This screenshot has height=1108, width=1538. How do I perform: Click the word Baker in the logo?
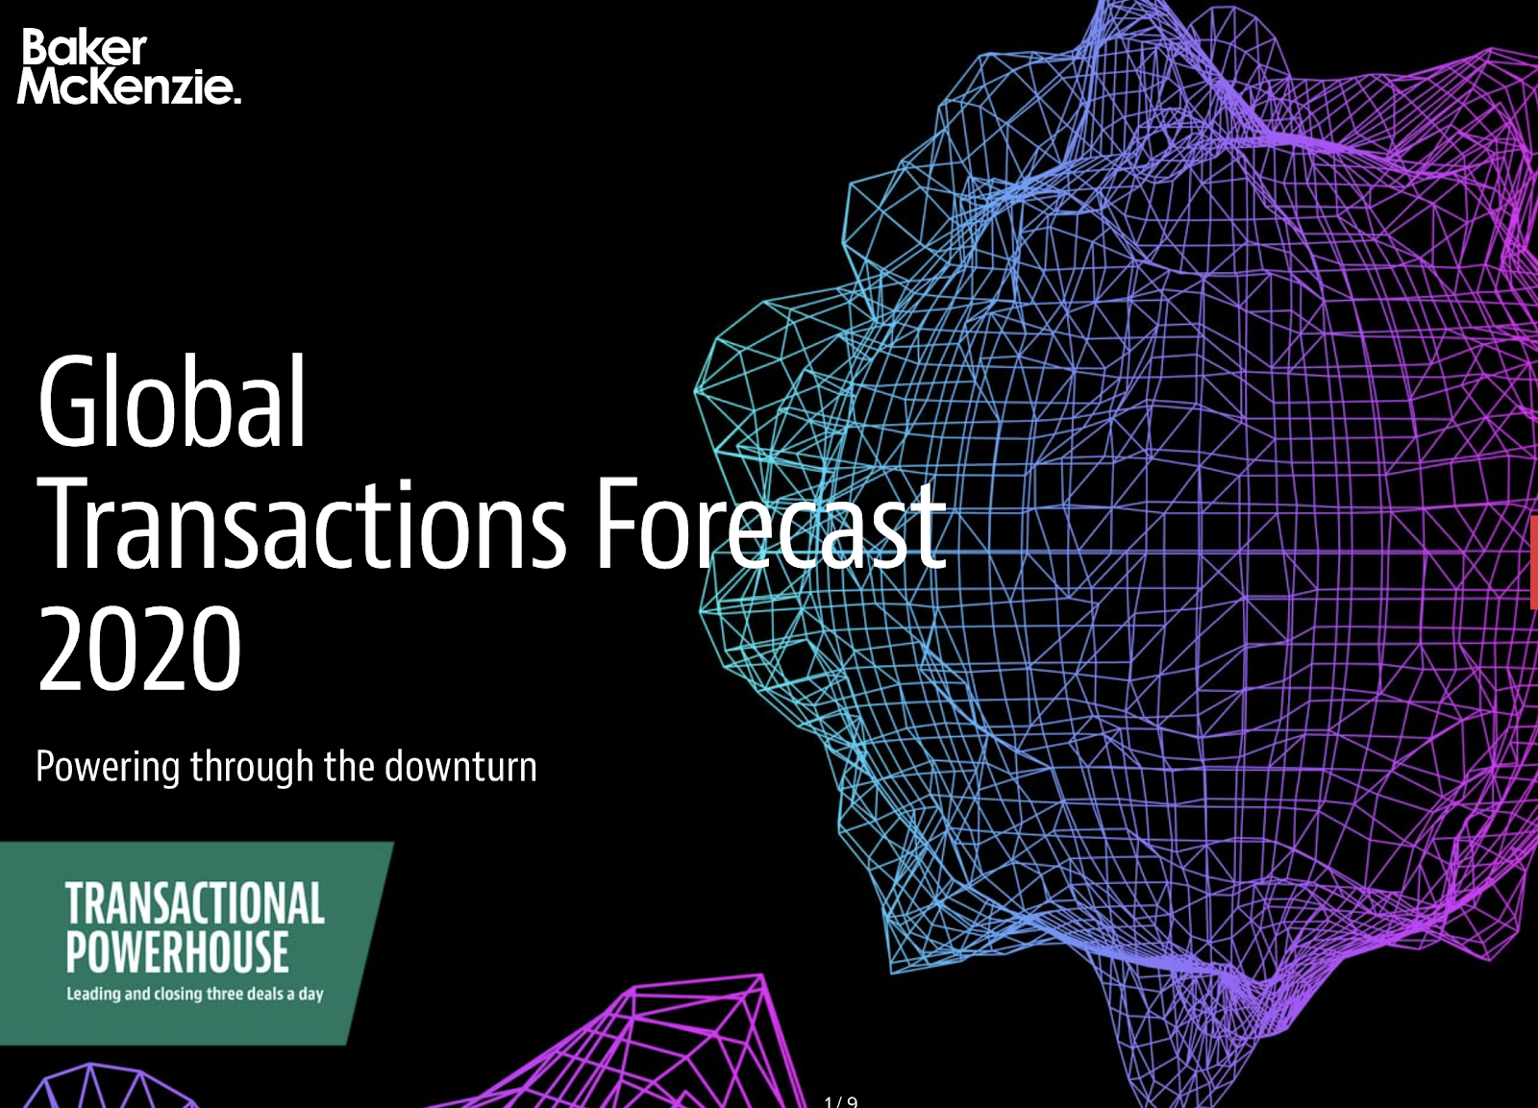click(x=85, y=48)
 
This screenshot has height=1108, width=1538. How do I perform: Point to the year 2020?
click(x=139, y=649)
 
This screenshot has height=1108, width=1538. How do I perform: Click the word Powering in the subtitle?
click(x=107, y=768)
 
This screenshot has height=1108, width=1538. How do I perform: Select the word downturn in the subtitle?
click(x=460, y=766)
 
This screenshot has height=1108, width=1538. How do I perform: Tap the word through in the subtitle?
click(x=252, y=768)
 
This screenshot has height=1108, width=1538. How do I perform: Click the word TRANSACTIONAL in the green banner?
click(x=195, y=903)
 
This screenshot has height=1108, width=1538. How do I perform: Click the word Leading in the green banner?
click(x=93, y=995)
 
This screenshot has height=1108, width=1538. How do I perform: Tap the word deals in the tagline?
click(x=264, y=994)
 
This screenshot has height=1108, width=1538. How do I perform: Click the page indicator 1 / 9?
click(x=841, y=1102)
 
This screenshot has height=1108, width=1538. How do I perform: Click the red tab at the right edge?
click(x=1534, y=563)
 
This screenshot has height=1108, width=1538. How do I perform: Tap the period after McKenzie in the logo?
click(x=237, y=100)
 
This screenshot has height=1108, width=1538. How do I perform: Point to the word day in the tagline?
click(x=311, y=996)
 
